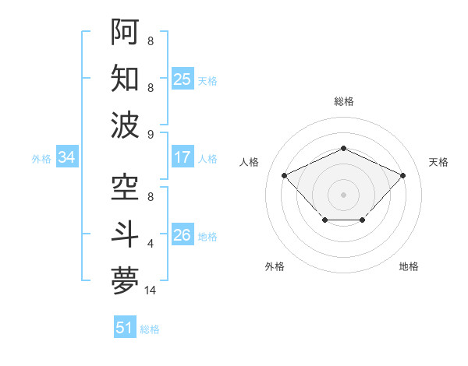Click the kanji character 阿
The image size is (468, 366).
click(x=125, y=32)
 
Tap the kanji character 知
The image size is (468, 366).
click(x=125, y=79)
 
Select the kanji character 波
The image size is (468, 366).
click(x=125, y=125)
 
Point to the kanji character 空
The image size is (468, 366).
click(x=125, y=187)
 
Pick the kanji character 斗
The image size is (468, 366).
click(x=125, y=234)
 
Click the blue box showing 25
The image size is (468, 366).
click(x=183, y=79)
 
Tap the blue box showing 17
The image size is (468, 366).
click(x=183, y=157)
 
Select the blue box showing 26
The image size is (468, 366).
click(x=183, y=235)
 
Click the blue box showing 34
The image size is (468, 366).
click(x=67, y=157)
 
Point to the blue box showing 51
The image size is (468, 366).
click(x=125, y=328)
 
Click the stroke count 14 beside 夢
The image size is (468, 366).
click(x=151, y=290)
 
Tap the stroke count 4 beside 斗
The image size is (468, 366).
click(x=151, y=244)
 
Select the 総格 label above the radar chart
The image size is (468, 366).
click(x=343, y=101)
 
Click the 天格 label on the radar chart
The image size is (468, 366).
click(x=438, y=162)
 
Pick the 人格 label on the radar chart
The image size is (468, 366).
click(x=250, y=162)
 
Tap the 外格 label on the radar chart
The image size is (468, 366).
click(x=275, y=266)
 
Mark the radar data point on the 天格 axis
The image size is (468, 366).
click(x=402, y=175)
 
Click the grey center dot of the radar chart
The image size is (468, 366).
click(x=343, y=194)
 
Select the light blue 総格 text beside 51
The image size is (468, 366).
click(x=150, y=329)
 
